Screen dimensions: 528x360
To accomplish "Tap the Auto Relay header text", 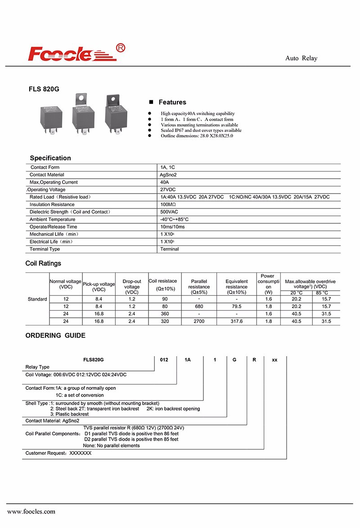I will (301, 59).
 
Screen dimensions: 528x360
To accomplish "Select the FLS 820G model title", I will (44, 89).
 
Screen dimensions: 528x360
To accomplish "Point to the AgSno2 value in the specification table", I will (168, 175).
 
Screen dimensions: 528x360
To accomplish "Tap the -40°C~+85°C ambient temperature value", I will (174, 219).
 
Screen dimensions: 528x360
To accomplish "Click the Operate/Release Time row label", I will (53, 227).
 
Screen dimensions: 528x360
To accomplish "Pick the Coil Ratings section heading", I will (43, 263).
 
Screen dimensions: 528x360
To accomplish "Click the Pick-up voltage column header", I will (99, 287).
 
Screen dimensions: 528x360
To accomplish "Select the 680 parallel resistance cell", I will (199, 307).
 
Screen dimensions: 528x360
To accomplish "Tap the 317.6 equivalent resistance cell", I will (236, 321).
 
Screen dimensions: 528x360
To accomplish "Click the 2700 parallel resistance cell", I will (199, 321).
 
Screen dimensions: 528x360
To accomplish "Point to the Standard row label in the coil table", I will (37, 299).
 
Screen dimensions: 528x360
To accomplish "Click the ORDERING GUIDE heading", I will (55, 335).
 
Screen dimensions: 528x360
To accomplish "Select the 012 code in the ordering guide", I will (164, 360).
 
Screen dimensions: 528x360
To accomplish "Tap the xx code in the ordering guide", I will (274, 360).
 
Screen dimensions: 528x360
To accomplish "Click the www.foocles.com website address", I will (31, 511).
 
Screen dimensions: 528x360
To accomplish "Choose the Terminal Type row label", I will (45, 249).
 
